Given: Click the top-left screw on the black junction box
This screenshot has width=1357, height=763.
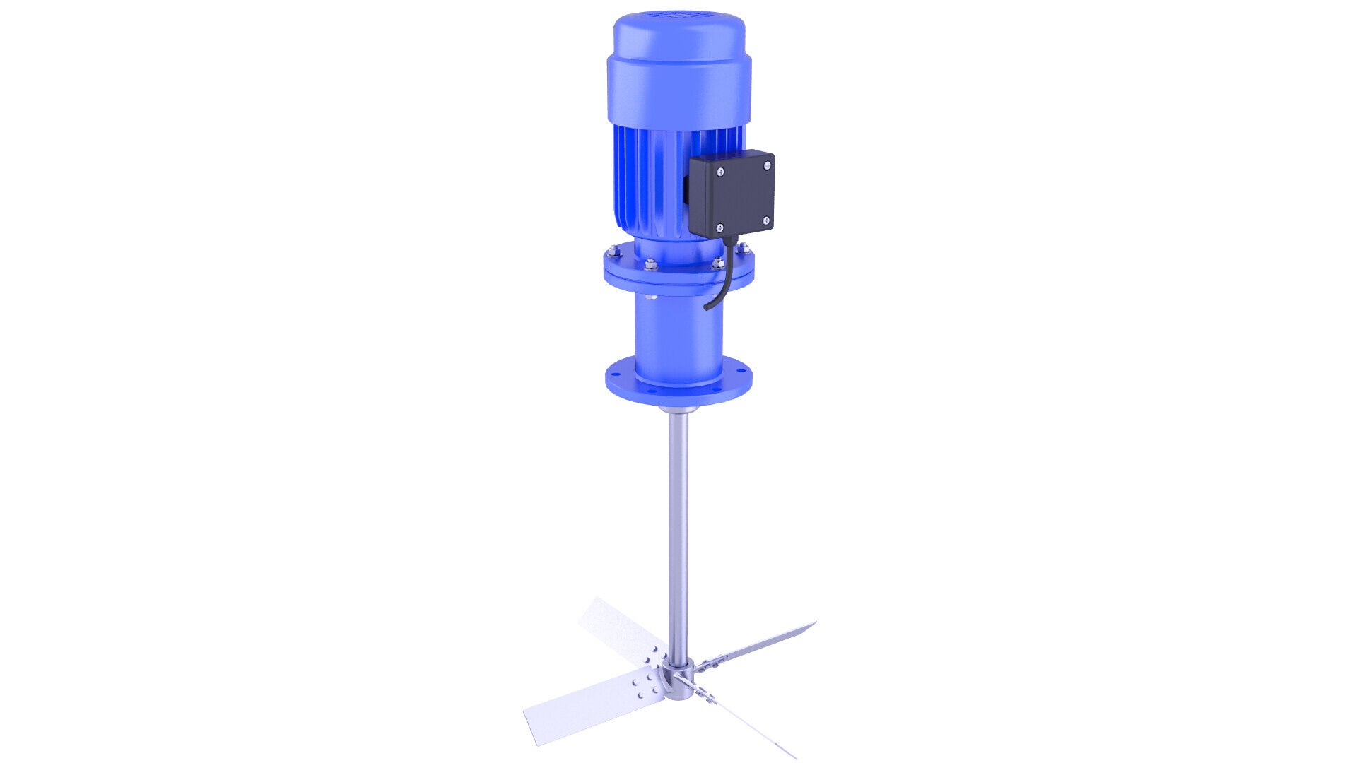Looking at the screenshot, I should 719,172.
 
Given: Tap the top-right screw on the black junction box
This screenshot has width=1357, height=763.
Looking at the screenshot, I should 767,165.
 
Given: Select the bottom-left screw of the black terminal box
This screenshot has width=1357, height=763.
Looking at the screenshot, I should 719,227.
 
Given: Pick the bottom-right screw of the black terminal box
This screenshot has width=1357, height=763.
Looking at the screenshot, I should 767,220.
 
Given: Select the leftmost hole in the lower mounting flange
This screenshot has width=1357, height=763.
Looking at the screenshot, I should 614,367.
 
